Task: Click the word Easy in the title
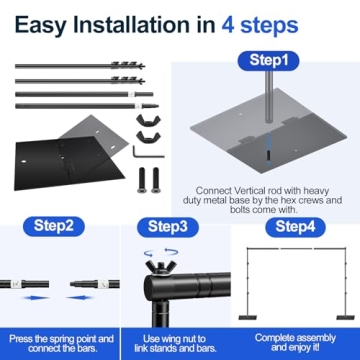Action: click(x=49, y=21)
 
